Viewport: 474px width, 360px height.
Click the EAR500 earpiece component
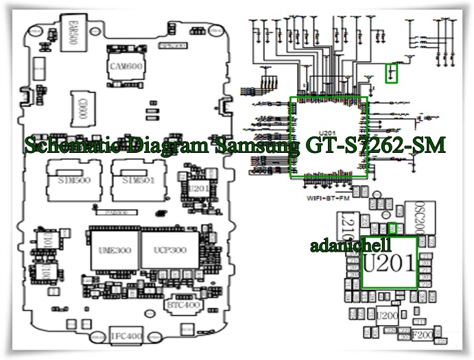68,35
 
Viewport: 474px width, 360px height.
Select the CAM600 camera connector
126,65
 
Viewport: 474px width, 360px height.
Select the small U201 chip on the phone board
197,187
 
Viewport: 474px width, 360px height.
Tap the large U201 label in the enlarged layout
389,263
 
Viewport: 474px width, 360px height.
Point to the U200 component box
386,317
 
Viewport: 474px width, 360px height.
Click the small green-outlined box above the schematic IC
392,73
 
